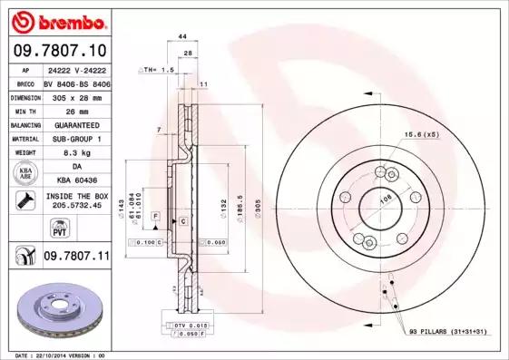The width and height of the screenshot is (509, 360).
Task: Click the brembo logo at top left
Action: pos(56,19)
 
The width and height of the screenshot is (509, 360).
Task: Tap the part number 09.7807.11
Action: pos(76,258)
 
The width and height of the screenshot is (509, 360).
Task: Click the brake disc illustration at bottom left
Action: pos(56,308)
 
